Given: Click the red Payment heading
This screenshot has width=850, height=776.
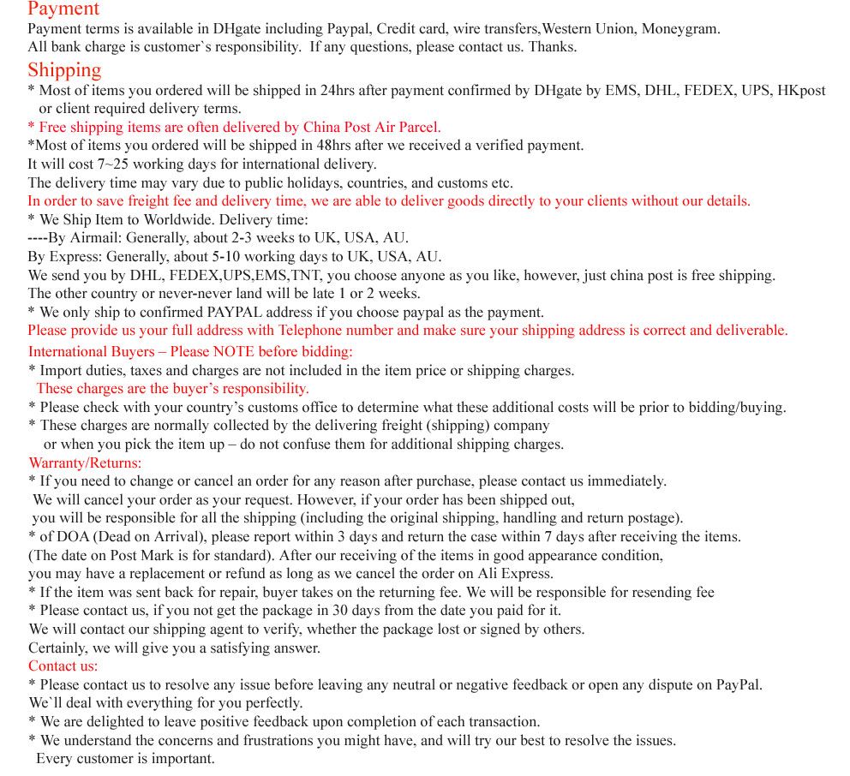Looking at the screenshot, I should coord(63,9).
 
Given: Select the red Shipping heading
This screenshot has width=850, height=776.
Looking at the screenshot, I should coord(64,69).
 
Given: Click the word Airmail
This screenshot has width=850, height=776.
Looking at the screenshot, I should coord(93,237).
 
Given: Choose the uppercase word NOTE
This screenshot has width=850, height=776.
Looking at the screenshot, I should coord(233,351).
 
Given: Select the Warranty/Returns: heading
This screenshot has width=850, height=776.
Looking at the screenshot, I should coord(85,463).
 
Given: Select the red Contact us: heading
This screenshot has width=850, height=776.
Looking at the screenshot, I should coord(63,666).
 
